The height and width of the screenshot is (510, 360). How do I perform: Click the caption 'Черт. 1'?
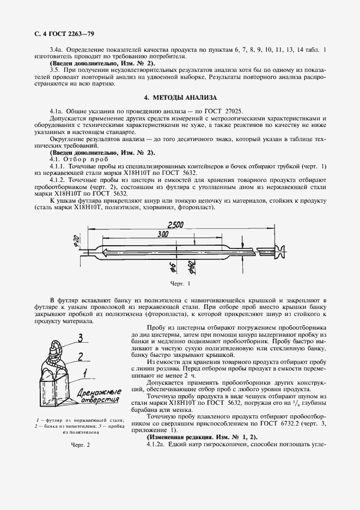click(x=180, y=284)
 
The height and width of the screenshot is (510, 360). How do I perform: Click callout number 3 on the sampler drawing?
click(x=81, y=337)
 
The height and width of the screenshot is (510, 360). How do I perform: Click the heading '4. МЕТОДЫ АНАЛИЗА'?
click(x=180, y=98)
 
